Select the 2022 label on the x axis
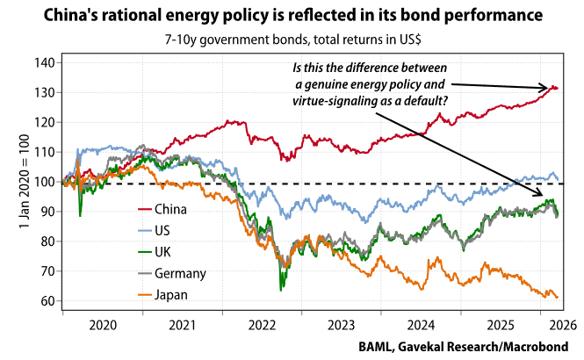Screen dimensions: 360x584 (261, 324)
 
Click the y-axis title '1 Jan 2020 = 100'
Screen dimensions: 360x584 (25, 182)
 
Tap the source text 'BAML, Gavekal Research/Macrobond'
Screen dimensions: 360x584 (463, 345)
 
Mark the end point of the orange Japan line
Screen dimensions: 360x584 (558, 297)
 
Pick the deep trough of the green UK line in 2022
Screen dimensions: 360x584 (281, 289)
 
